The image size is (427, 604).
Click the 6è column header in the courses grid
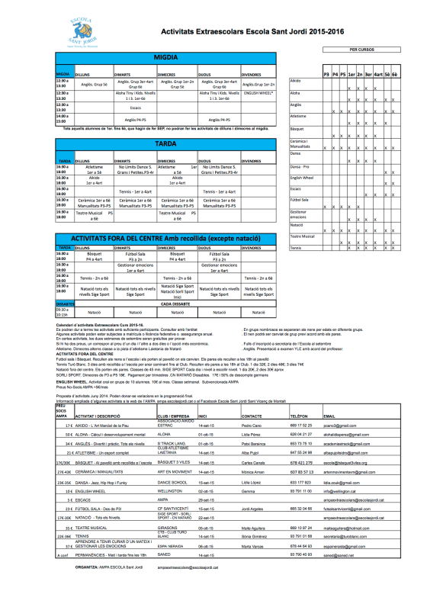393,74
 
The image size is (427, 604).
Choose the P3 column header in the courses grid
326,74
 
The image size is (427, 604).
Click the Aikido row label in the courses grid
296,80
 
